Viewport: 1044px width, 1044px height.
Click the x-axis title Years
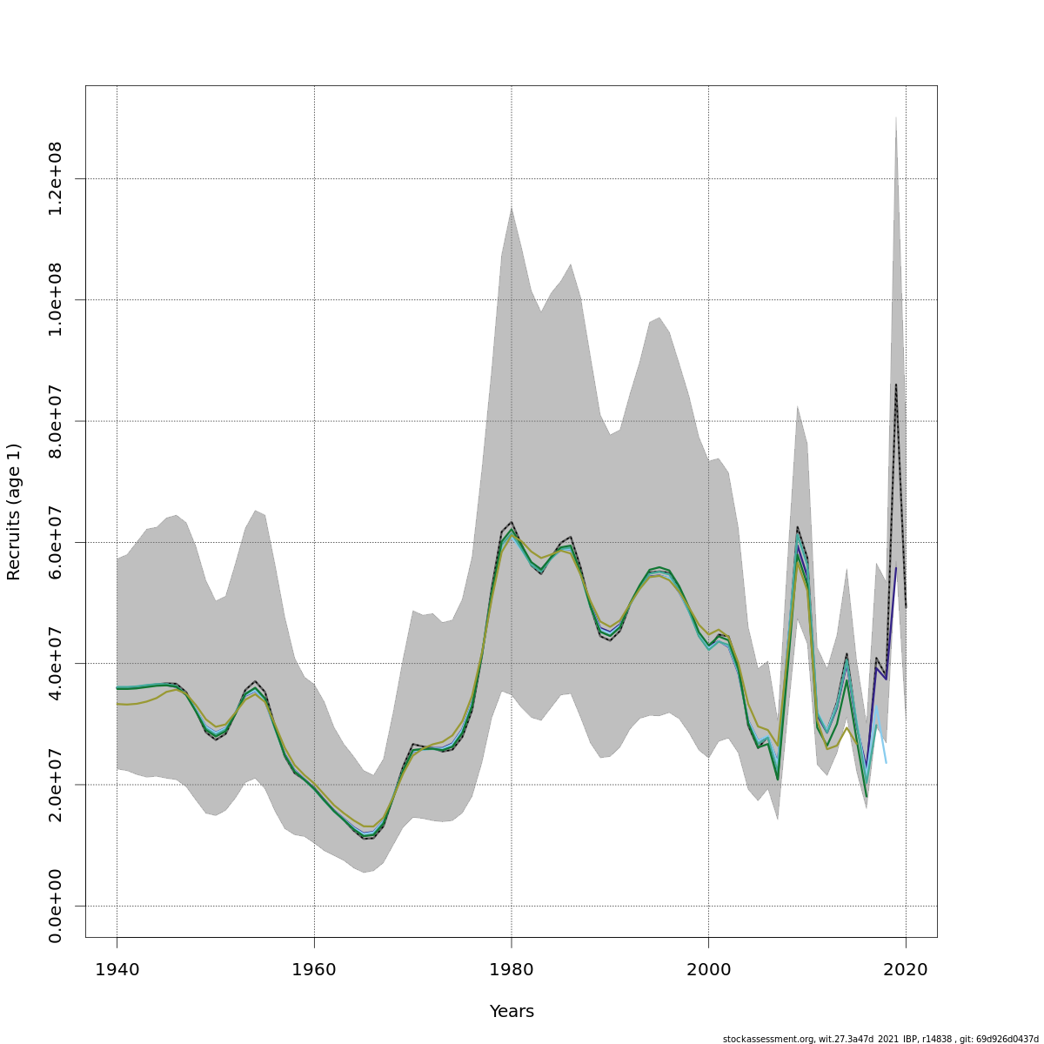pyautogui.click(x=512, y=1012)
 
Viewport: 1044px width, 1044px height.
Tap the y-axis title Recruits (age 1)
pyautogui.click(x=14, y=512)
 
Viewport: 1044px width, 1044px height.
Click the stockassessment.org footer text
pyautogui.click(x=880, y=1039)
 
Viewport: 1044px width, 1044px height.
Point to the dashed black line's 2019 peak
pyautogui.click(x=896, y=385)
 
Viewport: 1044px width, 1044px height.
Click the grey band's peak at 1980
pyautogui.click(x=512, y=207)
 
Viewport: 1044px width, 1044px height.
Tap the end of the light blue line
pyautogui.click(x=886, y=763)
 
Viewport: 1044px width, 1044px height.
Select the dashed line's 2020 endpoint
pyautogui.click(x=906, y=607)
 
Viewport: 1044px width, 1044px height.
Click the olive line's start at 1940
pyautogui.click(x=117, y=704)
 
